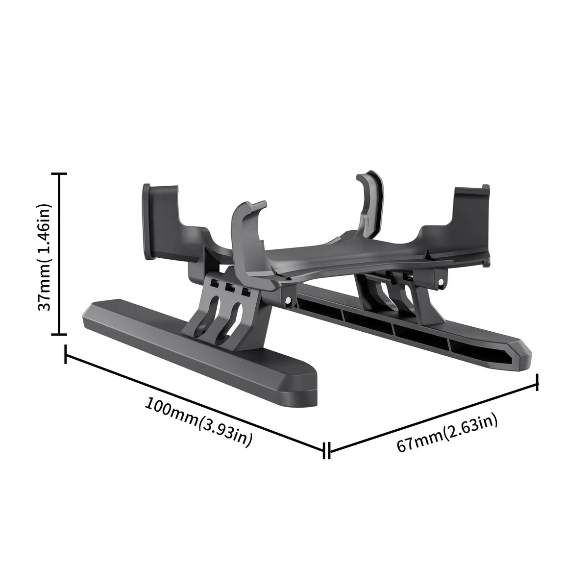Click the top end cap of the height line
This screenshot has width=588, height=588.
[x=59, y=174]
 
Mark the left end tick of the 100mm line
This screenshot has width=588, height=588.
[x=66, y=354]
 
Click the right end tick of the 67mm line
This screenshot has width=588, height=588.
[x=538, y=382]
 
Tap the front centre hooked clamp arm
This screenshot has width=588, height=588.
[x=247, y=230]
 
